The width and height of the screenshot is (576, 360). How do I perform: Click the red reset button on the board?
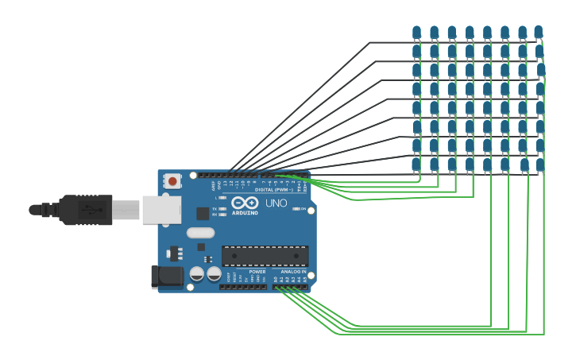pyautogui.click(x=172, y=182)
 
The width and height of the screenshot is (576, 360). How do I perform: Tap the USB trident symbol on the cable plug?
pyautogui.click(x=89, y=210)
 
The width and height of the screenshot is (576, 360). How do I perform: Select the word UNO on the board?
pyautogui.click(x=276, y=203)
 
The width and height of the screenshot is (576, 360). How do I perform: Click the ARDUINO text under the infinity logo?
pyautogui.click(x=245, y=213)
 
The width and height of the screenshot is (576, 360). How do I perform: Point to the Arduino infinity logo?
pyautogui.click(x=245, y=203)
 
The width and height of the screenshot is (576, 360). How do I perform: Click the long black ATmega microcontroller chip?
pyautogui.click(x=265, y=256)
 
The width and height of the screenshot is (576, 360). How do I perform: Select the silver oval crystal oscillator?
pyautogui.click(x=200, y=234)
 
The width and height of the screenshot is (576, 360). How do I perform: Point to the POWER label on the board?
pyautogui.click(x=257, y=272)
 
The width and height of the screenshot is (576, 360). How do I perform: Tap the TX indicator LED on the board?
pyautogui.click(x=223, y=209)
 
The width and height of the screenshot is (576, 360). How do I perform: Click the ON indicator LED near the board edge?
pyautogui.click(x=296, y=209)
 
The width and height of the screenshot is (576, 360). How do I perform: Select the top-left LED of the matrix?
pyautogui.click(x=416, y=33)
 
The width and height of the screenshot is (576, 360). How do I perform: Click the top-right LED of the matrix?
pyautogui.click(x=539, y=33)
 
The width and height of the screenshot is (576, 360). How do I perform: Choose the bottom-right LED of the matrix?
pyautogui.click(x=540, y=165)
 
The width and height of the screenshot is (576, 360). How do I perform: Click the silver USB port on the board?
pyautogui.click(x=160, y=210)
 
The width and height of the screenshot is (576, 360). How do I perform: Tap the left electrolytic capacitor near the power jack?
pyautogui.click(x=197, y=274)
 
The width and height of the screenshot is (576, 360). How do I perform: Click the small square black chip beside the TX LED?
pyautogui.click(x=203, y=213)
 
